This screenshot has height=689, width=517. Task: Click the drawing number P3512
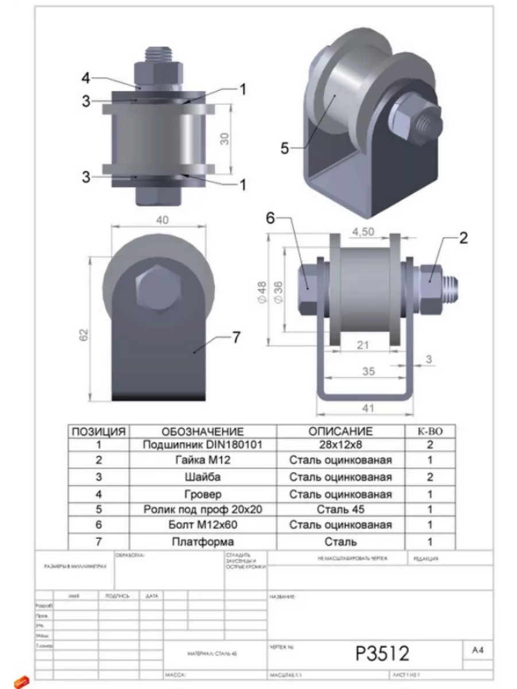pos(382,653)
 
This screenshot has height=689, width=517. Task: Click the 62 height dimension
pos(84,334)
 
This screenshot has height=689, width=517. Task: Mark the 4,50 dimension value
pos(364,231)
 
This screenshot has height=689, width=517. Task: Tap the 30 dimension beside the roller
pos(225,138)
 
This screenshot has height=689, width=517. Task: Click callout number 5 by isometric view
pos(284,148)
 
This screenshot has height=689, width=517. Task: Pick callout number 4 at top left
pos(85,78)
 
